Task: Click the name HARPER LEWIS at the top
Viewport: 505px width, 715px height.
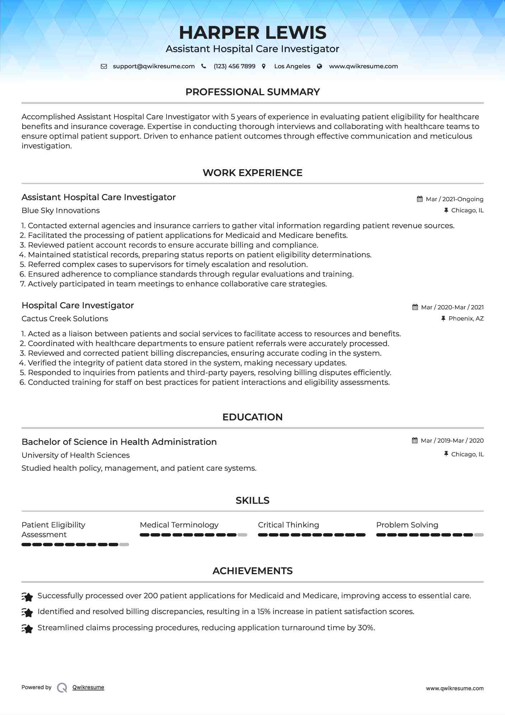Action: [252, 33]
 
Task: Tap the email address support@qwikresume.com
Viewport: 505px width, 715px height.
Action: [154, 66]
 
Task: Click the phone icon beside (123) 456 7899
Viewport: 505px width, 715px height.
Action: [204, 66]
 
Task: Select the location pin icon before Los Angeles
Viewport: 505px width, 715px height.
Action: [264, 66]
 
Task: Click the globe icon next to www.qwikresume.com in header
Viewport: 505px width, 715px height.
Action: [319, 66]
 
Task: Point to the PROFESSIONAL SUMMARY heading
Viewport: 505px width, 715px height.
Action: [252, 92]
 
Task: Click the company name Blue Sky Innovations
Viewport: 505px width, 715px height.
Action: [61, 211]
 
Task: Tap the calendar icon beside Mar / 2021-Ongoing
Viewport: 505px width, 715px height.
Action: [420, 199]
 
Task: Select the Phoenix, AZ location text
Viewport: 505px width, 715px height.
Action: [466, 318]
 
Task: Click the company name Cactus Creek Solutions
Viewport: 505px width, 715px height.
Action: [65, 319]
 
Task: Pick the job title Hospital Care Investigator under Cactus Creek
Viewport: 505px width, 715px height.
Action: [78, 305]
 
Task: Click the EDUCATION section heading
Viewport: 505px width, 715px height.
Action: [252, 417]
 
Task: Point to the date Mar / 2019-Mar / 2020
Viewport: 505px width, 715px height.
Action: [452, 440]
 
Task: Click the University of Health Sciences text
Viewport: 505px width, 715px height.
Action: [75, 455]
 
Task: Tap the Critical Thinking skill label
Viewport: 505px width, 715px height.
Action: [288, 525]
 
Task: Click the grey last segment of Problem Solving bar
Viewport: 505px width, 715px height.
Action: [479, 535]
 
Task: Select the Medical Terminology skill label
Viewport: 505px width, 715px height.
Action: [179, 525]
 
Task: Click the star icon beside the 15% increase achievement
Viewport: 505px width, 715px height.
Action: [27, 612]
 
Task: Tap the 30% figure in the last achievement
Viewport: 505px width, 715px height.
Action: [366, 628]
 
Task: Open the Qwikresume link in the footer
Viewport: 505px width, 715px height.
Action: [88, 687]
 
